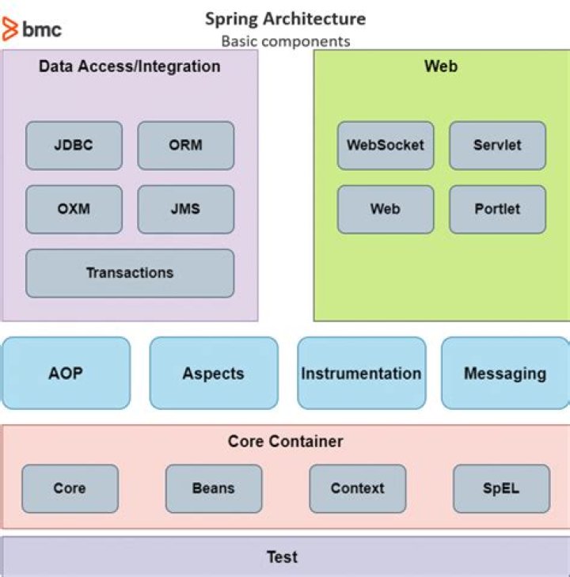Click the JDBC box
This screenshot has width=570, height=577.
[74, 146]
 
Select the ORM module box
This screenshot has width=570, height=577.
[186, 146]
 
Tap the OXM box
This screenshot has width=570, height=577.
[74, 210]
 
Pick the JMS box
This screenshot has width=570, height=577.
[186, 210]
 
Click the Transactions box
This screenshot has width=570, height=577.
[130, 273]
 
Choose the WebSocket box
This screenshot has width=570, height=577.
[386, 146]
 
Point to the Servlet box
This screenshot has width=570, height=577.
[497, 146]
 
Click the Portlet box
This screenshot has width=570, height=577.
[497, 210]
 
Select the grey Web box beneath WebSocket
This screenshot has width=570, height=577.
[386, 210]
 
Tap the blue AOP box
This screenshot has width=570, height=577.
[66, 374]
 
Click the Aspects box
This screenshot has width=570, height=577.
[214, 374]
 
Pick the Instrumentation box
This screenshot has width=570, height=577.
[361, 374]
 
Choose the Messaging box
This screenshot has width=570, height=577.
[505, 374]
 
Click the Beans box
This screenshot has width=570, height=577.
[214, 488]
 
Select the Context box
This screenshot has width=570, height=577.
[357, 488]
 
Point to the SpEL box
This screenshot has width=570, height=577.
[501, 488]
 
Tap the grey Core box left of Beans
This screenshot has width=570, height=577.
[70, 488]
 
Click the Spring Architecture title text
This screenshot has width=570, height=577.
[285, 18]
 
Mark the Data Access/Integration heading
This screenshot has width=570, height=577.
[130, 66]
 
